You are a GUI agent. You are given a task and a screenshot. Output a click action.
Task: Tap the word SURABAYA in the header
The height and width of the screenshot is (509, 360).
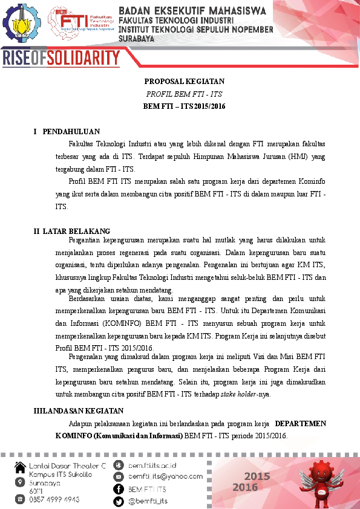[x=136, y=38]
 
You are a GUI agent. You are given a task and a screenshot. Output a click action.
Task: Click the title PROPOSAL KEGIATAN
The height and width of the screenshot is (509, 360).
[x=184, y=82]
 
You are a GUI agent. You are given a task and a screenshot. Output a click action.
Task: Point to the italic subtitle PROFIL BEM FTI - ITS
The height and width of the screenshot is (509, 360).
[x=184, y=94]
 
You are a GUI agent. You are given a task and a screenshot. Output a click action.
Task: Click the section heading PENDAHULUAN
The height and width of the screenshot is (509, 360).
[x=71, y=132]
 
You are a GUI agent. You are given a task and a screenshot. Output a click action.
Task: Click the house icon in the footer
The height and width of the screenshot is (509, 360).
[x=21, y=466]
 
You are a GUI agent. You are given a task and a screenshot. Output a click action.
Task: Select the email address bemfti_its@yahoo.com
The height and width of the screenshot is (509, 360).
[x=165, y=476]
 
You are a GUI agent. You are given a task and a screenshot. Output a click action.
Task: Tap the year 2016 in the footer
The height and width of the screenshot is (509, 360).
[x=246, y=488]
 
